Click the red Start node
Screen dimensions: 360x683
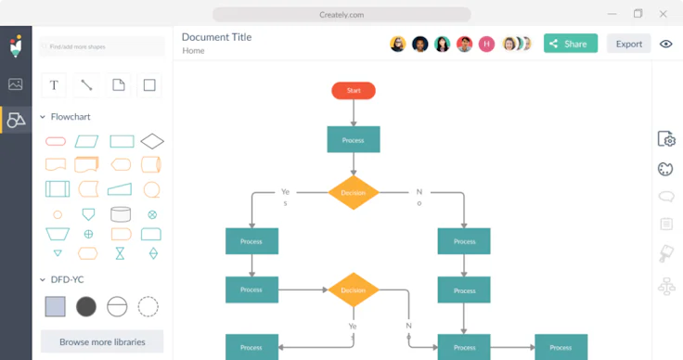[354, 90]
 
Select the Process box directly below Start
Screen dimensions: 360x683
[354, 140]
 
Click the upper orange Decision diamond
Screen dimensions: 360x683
[354, 192]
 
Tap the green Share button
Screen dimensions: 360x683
[570, 44]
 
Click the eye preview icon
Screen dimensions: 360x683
[665, 44]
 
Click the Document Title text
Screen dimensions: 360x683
[216, 37]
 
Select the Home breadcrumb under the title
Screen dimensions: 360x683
[193, 51]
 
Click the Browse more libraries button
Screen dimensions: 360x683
[102, 341]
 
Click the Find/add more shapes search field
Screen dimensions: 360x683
[102, 45]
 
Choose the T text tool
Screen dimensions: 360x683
[54, 85]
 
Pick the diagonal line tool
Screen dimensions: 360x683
[86, 85]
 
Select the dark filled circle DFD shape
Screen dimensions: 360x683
[86, 306]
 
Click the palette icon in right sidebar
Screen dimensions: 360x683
[665, 169]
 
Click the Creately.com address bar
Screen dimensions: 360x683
[341, 14]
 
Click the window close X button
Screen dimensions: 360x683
[664, 14]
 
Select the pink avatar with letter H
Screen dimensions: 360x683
[486, 44]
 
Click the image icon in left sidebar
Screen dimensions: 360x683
[16, 84]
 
